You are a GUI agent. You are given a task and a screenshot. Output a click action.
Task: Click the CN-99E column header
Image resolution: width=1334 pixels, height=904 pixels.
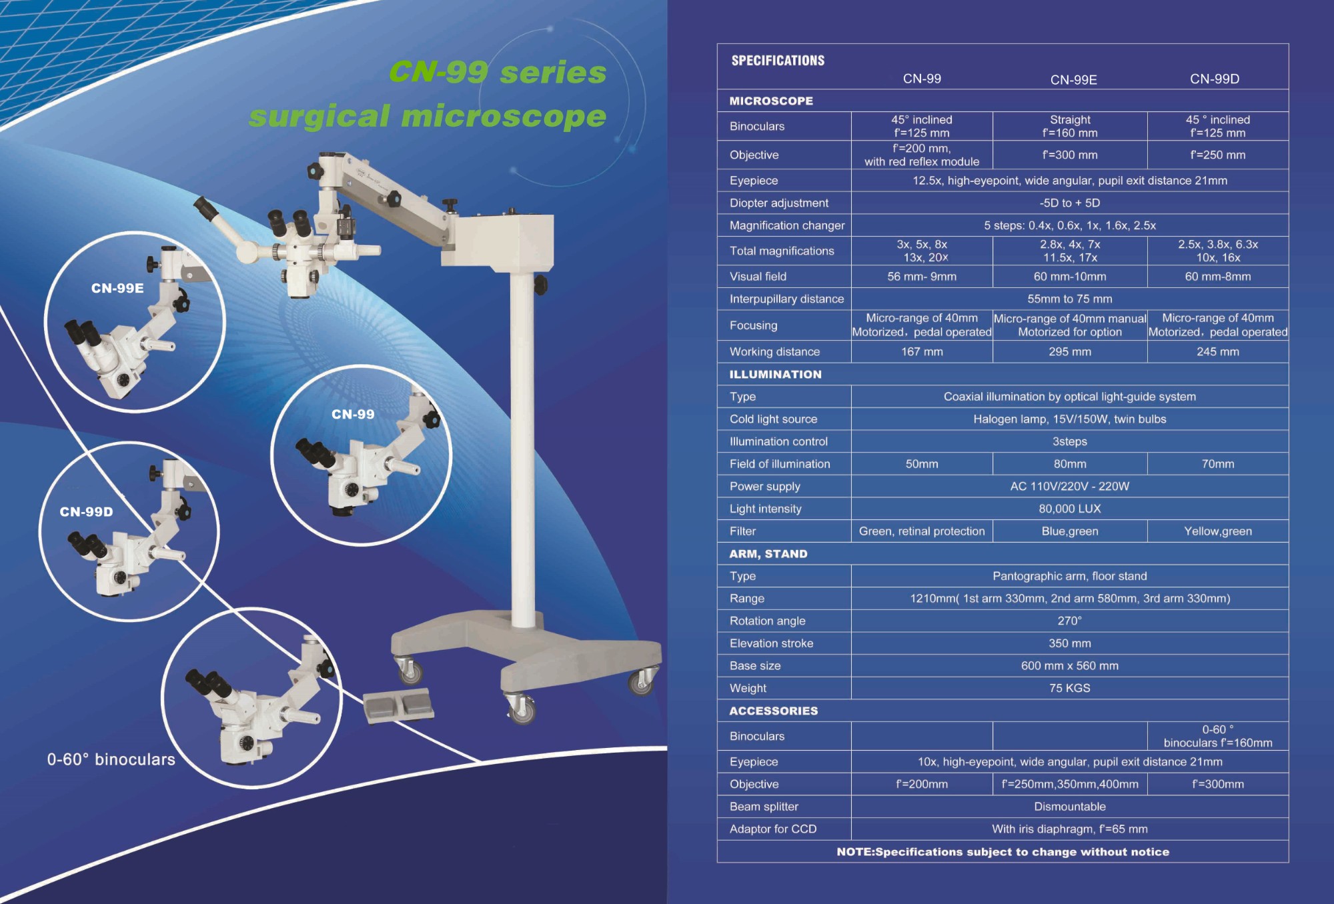pyautogui.click(x=1073, y=80)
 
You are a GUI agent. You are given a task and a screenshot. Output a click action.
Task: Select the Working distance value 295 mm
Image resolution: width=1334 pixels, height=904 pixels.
pyautogui.click(x=1070, y=351)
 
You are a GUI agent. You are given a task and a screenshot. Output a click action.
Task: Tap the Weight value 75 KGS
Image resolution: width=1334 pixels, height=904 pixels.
pyautogui.click(x=1069, y=688)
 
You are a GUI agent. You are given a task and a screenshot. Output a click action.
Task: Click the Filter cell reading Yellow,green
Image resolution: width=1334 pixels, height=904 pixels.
pyautogui.click(x=1217, y=531)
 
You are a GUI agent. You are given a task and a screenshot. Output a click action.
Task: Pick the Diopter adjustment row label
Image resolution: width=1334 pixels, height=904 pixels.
pyautogui.click(x=778, y=203)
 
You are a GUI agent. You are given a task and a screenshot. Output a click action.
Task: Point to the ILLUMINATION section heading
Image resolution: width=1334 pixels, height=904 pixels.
pyautogui.click(x=775, y=374)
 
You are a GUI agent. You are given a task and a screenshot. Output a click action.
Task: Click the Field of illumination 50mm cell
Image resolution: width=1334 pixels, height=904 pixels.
pyautogui.click(x=921, y=464)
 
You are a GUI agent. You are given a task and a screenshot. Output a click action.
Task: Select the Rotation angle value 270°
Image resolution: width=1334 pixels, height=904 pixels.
pyautogui.click(x=1069, y=621)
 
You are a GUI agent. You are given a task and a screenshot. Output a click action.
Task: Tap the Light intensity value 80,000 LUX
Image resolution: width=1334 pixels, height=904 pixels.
pyautogui.click(x=1069, y=509)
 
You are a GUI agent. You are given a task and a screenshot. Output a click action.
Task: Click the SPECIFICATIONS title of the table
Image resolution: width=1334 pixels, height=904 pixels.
pyautogui.click(x=778, y=61)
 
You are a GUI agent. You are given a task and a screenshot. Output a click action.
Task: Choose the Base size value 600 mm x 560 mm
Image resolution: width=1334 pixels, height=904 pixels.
pyautogui.click(x=1069, y=665)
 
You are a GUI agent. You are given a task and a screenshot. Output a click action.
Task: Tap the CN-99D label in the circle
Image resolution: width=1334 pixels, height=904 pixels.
pyautogui.click(x=86, y=512)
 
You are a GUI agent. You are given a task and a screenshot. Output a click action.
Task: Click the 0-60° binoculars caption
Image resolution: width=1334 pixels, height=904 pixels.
pyautogui.click(x=111, y=759)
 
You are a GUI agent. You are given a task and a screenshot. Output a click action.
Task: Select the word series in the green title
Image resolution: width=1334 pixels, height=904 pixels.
pyautogui.click(x=553, y=72)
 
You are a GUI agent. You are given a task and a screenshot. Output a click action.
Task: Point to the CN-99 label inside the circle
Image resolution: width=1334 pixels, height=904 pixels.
pyautogui.click(x=353, y=414)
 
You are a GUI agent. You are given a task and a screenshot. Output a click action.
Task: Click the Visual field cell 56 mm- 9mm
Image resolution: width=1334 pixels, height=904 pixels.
pyautogui.click(x=921, y=277)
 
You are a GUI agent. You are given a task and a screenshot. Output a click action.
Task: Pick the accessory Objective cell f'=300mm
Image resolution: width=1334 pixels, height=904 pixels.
pyautogui.click(x=1217, y=784)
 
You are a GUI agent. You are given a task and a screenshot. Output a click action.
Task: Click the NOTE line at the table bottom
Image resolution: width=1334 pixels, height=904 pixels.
pyautogui.click(x=1003, y=852)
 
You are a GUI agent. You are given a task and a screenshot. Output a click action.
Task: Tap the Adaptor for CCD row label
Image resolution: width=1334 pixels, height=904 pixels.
pyautogui.click(x=772, y=829)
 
